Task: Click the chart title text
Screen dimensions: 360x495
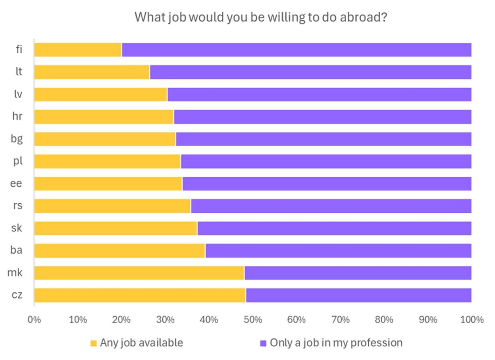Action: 261,17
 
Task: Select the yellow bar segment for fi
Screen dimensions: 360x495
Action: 78,50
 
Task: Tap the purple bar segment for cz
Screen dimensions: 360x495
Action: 359,295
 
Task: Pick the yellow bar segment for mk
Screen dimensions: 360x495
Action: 139,273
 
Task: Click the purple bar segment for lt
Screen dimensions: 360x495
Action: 310,72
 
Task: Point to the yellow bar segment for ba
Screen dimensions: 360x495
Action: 120,251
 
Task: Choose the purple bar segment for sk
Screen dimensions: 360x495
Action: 334,228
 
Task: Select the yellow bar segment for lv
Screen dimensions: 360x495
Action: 101,95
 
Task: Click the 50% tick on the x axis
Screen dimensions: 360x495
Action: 253,320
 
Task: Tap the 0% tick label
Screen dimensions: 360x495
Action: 34,320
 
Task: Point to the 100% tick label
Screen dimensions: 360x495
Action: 472,320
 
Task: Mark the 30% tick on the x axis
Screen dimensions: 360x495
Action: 165,320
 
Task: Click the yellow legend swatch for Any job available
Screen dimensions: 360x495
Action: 93,343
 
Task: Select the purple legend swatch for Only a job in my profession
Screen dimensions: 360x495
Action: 263,343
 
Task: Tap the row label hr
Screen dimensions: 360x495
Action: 17,116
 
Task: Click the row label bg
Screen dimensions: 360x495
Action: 16,139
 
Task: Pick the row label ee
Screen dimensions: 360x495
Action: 16,183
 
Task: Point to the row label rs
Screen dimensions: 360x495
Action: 18,205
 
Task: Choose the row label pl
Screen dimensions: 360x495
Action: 18,161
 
